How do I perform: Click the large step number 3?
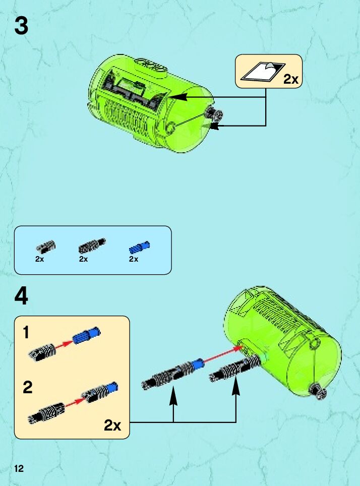tap(21, 26)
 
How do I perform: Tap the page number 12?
tap(19, 468)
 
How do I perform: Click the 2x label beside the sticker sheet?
tap(291, 79)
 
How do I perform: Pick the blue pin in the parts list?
tap(139, 247)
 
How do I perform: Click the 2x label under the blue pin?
tap(133, 259)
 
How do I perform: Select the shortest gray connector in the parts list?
tap(46, 247)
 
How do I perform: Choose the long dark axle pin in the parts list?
tap(92, 246)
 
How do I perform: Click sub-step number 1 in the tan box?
tap(26, 332)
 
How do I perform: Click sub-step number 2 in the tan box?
tap(28, 387)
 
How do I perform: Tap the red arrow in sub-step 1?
tap(64, 344)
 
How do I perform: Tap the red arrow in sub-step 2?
tap(74, 402)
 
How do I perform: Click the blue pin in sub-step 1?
tap(87, 335)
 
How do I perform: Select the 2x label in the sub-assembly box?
tap(112, 425)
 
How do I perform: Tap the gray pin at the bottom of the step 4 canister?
tap(319, 391)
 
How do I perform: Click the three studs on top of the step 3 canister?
tap(151, 65)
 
